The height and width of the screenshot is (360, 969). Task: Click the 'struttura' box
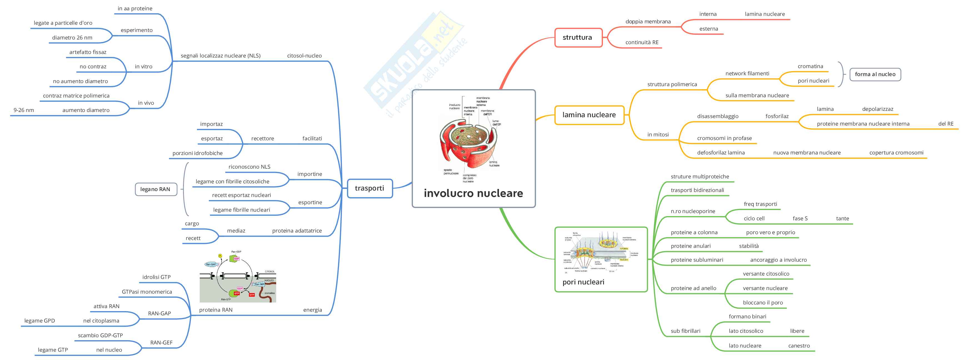pyautogui.click(x=578, y=37)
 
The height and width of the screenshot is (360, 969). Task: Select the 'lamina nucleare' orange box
pyautogui.click(x=589, y=115)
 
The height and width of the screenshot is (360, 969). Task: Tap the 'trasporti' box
pyautogui.click(x=369, y=188)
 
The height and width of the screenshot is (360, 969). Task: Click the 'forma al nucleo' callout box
pyautogui.click(x=875, y=74)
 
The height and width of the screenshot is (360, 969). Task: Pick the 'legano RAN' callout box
pyautogui.click(x=155, y=189)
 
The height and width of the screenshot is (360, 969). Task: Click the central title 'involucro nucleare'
pyautogui.click(x=473, y=193)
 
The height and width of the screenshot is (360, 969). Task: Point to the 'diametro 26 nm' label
pyautogui.click(x=72, y=37)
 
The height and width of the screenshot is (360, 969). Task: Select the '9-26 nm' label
pyautogui.click(x=24, y=110)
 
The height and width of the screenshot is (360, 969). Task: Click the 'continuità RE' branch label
pyautogui.click(x=642, y=42)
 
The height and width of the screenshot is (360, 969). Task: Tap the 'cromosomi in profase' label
pyautogui.click(x=724, y=138)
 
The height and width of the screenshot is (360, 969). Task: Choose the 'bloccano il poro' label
pyautogui.click(x=763, y=303)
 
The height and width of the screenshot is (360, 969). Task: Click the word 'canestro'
pyautogui.click(x=799, y=346)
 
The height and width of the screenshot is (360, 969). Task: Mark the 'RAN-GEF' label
pyautogui.click(x=161, y=343)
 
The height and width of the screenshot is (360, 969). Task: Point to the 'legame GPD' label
pyautogui.click(x=39, y=321)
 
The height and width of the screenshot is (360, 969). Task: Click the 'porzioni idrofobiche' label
pyautogui.click(x=198, y=153)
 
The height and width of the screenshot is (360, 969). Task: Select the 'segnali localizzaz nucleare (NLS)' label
pyautogui.click(x=220, y=56)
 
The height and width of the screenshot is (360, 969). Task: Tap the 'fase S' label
pyautogui.click(x=800, y=219)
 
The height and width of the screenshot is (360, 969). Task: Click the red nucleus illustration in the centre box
pyautogui.click(x=468, y=141)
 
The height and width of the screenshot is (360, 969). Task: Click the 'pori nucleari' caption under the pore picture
pyautogui.click(x=583, y=282)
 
